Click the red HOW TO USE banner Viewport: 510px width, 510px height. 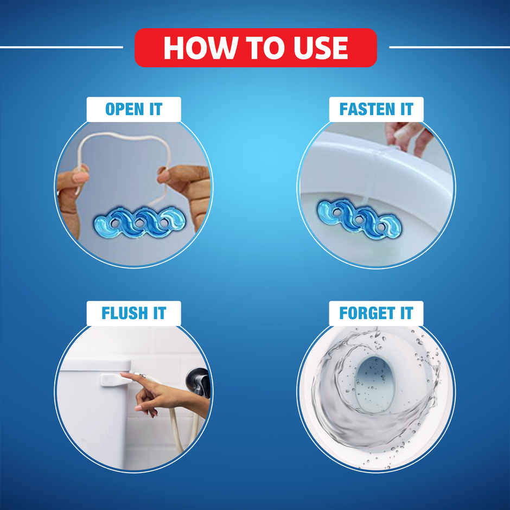(x=256, y=47)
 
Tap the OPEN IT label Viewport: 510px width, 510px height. (x=133, y=109)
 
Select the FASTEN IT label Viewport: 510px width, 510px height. (x=376, y=109)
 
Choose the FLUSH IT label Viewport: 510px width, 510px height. (x=133, y=313)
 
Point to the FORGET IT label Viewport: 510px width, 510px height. (x=376, y=313)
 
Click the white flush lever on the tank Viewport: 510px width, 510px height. (x=115, y=379)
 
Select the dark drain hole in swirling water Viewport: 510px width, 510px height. (x=374, y=383)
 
